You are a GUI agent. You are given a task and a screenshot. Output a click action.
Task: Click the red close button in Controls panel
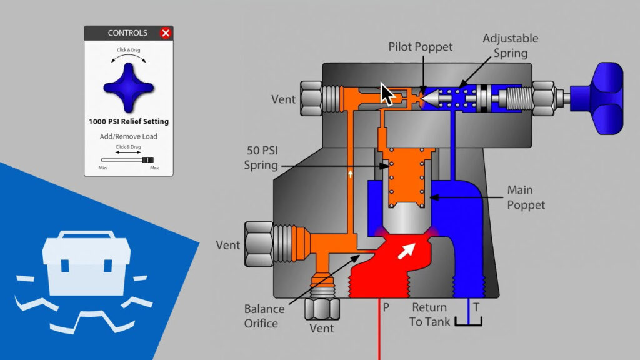(x=166, y=33)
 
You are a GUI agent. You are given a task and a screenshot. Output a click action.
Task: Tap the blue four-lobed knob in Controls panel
(x=128, y=87)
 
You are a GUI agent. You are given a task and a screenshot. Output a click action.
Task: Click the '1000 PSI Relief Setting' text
(x=128, y=121)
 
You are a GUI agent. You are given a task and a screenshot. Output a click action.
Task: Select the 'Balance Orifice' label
(x=264, y=316)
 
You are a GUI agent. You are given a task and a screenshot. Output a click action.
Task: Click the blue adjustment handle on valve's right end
(x=600, y=98)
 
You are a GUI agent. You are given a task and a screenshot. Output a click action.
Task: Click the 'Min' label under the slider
(x=102, y=168)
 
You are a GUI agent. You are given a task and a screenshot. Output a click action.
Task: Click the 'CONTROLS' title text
(x=127, y=33)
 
